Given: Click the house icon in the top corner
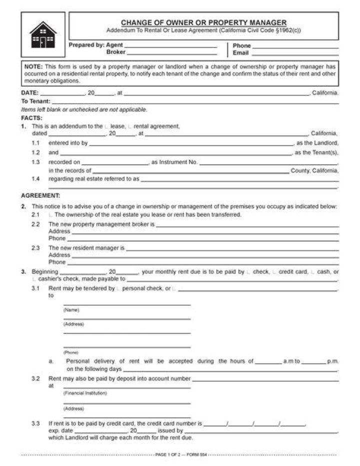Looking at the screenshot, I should pyautogui.click(x=43, y=35).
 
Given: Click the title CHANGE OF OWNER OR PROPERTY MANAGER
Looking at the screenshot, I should pyautogui.click(x=203, y=23).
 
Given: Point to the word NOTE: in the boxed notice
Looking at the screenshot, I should pyautogui.click(x=33, y=66).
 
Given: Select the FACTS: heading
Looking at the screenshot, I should pyautogui.click(x=31, y=118).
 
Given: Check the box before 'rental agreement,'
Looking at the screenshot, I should pyautogui.click(x=130, y=127).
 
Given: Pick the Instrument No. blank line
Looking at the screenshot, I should pyautogui.click(x=268, y=162).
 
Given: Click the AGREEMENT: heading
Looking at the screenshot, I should pyautogui.click(x=40, y=196).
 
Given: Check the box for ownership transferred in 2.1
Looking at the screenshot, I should pyautogui.click(x=50, y=215).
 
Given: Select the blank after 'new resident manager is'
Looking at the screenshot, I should pyautogui.click(x=232, y=248).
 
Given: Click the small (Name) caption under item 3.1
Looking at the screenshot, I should pyautogui.click(x=71, y=310).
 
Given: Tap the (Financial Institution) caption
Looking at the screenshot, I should pyautogui.click(x=85, y=393).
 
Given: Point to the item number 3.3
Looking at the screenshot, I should pyautogui.click(x=35, y=423).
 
